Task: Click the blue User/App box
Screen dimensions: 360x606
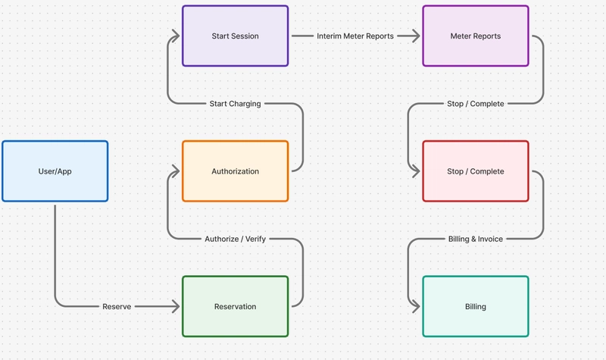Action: pyautogui.click(x=55, y=171)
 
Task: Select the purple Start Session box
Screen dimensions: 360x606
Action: pyautogui.click(x=235, y=36)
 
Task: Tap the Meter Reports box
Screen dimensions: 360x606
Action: pyautogui.click(x=475, y=36)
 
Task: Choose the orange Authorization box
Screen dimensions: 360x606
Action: pyautogui.click(x=235, y=171)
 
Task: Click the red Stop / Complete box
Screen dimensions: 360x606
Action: pyautogui.click(x=475, y=171)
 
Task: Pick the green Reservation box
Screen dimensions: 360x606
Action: pyautogui.click(x=235, y=307)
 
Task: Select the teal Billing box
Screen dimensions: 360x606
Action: pyautogui.click(x=475, y=307)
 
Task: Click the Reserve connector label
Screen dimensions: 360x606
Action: pyautogui.click(x=117, y=307)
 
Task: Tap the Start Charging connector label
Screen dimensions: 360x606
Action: pyautogui.click(x=235, y=104)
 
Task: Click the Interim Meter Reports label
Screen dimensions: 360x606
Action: pyautogui.click(x=355, y=36)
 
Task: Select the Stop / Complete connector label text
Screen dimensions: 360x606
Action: pyautogui.click(x=475, y=104)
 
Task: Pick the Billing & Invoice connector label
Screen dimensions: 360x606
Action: pyautogui.click(x=475, y=239)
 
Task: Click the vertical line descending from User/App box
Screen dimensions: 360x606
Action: pyautogui.click(x=55, y=250)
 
